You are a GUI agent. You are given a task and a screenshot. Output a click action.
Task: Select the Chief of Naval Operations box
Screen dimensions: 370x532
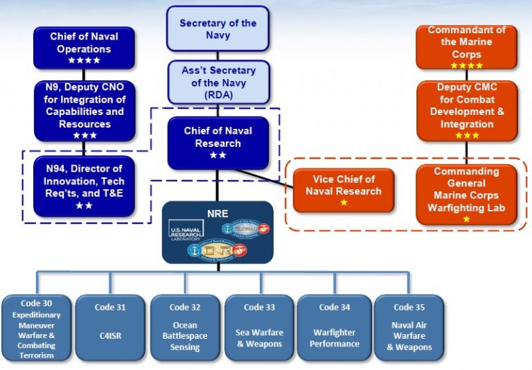(84, 48)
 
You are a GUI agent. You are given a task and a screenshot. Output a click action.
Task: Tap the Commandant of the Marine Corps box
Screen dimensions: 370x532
(466, 47)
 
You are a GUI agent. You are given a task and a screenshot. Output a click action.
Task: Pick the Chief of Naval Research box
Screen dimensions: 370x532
(218, 143)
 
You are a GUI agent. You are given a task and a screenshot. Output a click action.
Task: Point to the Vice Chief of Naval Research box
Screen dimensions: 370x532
(343, 189)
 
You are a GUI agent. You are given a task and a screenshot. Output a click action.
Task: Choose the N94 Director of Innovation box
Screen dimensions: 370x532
(84, 186)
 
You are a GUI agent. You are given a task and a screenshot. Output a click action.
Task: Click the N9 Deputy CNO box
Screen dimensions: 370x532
(84, 111)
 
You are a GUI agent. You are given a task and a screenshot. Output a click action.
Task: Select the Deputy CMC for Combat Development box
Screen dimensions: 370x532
(466, 110)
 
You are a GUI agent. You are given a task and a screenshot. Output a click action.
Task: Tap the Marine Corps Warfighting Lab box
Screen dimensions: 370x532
(466, 195)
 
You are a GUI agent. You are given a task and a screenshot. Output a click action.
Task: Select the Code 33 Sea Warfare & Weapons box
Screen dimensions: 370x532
(259, 328)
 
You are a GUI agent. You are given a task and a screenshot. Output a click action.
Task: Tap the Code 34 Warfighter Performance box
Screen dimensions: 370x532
(335, 328)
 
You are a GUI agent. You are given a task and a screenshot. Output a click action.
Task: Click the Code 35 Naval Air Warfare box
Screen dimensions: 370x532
(409, 328)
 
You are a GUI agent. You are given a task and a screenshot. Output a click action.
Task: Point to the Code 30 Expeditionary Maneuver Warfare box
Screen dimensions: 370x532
(37, 328)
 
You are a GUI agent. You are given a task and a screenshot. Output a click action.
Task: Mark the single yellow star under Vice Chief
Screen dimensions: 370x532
(344, 202)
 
